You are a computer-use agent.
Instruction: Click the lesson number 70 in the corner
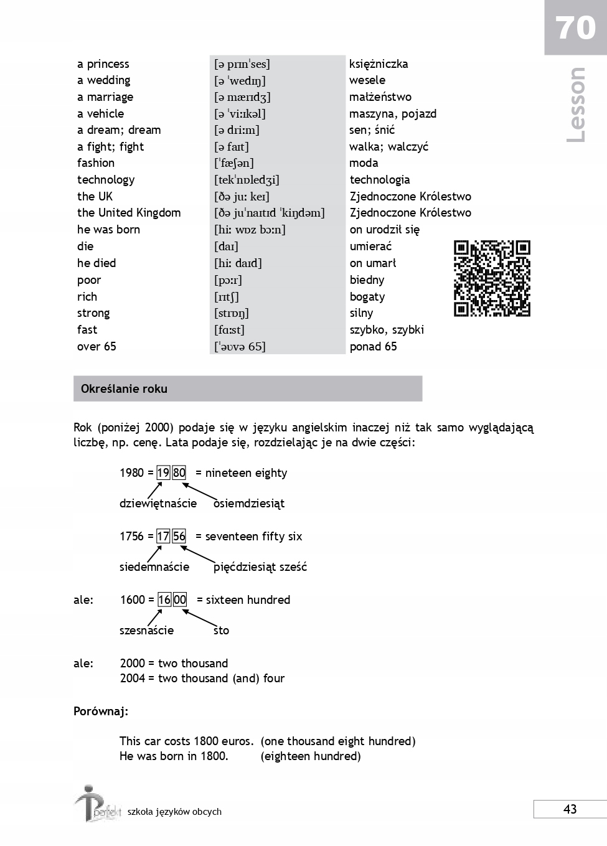point(575,28)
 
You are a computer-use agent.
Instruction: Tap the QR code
point(492,278)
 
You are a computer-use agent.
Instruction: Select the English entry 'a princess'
point(103,64)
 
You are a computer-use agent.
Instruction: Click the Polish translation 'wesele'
point(367,80)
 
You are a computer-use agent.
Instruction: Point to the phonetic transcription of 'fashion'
point(234,163)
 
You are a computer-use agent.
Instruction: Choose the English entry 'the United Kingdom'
point(129,213)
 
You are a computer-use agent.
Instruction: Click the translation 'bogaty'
point(367,297)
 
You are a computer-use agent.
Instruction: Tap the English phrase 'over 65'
point(96,347)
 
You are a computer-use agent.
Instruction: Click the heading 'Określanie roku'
point(124,389)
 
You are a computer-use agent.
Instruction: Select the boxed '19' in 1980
point(163,473)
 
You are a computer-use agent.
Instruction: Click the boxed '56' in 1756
point(179,537)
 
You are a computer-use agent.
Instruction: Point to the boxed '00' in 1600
point(180,600)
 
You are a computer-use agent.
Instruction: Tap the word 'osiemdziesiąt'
point(249,504)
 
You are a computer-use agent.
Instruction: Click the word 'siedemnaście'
point(154,567)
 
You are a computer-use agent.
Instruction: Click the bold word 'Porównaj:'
point(101,712)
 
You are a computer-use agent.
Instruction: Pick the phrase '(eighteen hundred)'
point(311,756)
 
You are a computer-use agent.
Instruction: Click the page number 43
point(570,809)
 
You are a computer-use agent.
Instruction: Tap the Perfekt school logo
point(96,804)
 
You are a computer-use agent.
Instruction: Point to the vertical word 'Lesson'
point(576,105)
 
